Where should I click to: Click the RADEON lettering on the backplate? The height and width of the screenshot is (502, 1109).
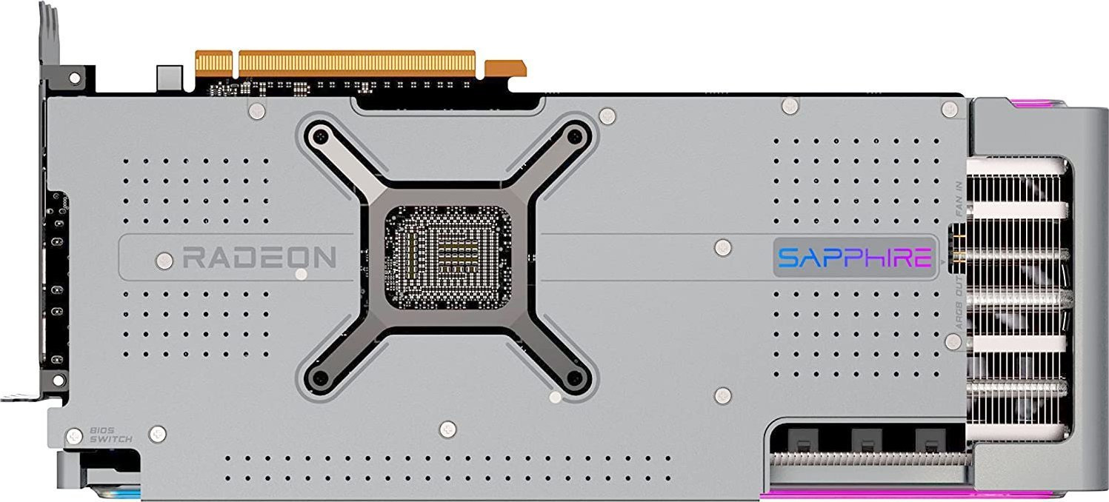click(259, 258)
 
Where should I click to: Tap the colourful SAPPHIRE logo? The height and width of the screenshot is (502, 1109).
click(854, 258)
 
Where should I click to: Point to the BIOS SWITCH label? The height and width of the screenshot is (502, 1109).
click(110, 435)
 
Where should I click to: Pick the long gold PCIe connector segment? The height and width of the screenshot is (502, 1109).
click(356, 62)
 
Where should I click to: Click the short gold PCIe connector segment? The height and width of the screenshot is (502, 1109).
click(213, 62)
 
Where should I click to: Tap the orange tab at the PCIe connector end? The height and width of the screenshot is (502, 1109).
click(505, 68)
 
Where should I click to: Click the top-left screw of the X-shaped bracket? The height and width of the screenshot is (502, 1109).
click(321, 135)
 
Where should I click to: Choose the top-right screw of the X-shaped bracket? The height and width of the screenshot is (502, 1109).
click(574, 135)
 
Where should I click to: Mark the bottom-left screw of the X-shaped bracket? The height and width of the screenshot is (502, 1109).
click(321, 378)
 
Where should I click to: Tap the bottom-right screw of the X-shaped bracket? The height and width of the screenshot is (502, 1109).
click(574, 378)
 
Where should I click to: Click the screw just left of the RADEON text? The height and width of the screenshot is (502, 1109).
click(164, 259)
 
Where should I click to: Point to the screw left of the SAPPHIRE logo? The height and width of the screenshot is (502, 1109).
click(722, 247)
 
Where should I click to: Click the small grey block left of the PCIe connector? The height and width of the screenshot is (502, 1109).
click(170, 76)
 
